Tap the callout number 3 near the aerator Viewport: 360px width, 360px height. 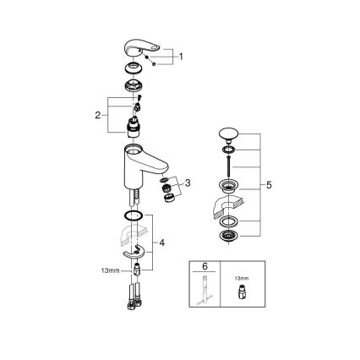188,182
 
